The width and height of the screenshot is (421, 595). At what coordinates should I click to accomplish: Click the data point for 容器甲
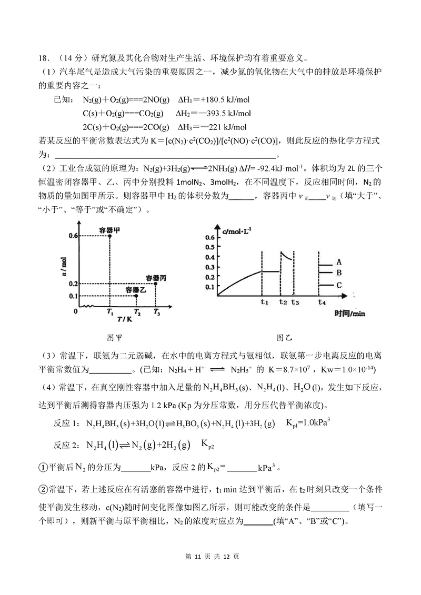[x=109, y=236]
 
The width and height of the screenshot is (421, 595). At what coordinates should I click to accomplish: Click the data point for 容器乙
[x=136, y=296]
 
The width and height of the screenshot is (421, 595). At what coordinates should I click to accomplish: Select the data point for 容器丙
[x=156, y=284]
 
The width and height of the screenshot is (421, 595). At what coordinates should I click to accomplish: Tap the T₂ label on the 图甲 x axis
[x=137, y=312]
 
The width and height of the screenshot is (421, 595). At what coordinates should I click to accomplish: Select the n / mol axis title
[x=64, y=267]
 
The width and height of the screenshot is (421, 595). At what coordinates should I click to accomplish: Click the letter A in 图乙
[x=339, y=261]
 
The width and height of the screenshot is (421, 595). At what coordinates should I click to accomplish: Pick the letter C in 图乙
[x=339, y=286]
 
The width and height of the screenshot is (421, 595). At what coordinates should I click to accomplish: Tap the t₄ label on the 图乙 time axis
[x=322, y=302]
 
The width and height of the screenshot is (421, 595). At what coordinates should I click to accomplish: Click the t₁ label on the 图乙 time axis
[x=264, y=302]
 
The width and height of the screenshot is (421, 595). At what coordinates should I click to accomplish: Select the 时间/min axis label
[x=349, y=314]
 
